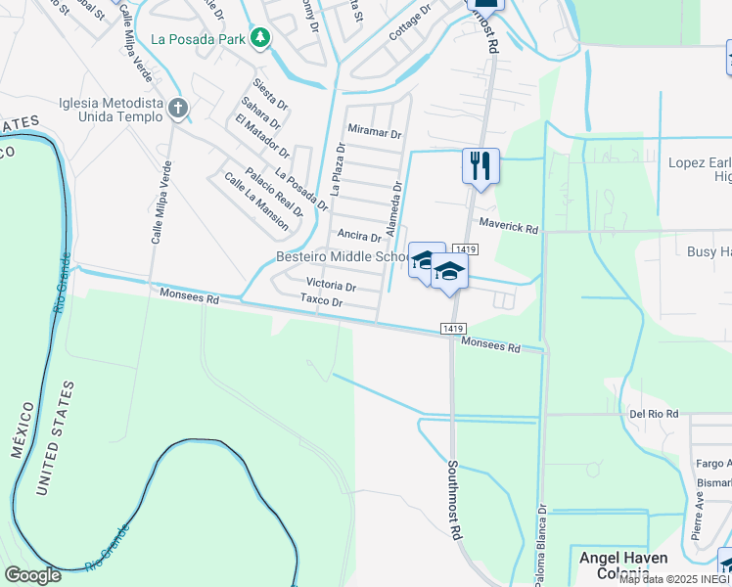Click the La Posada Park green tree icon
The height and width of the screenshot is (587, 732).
259,38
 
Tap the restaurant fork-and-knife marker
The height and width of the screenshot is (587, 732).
480,164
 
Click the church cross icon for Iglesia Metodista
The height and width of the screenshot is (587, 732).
177,107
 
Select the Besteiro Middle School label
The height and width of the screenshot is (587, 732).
342,257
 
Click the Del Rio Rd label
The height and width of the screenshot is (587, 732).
654,414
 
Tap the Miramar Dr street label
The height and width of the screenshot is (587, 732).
375,133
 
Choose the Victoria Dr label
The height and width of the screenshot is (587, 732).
331,287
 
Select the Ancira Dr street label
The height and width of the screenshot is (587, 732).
357,236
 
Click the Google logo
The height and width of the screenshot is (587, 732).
33,575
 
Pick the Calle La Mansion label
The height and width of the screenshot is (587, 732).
255,201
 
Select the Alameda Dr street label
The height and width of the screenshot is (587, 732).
393,209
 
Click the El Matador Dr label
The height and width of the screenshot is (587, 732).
262,136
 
